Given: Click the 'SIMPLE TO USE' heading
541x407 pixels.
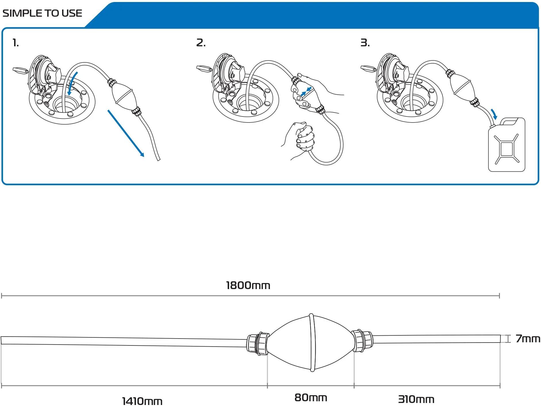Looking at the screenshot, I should pos(42,13).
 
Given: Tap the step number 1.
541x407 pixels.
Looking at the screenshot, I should pos(16,43).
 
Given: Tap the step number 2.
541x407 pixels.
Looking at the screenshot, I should pos(201,43).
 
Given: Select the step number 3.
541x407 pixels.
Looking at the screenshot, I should pos(365,43).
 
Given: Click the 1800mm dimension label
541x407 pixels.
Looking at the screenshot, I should pos(248,285).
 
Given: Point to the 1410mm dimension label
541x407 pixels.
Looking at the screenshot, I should pos(142,401).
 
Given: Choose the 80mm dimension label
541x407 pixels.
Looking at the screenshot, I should pos(311,398).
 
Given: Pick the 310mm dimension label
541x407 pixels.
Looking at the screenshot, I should pos(416,399).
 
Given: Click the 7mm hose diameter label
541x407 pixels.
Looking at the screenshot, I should pos(527,339).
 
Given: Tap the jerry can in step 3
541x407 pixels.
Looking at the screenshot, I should pos(507,147).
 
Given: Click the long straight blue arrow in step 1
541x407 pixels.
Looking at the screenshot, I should pos(126,133).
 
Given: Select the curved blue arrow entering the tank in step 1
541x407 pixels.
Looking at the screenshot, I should pos(72,83).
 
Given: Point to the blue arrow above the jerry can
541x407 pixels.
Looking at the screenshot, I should pos(494,114).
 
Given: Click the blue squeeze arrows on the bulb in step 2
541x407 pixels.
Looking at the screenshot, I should pos(306,91).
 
